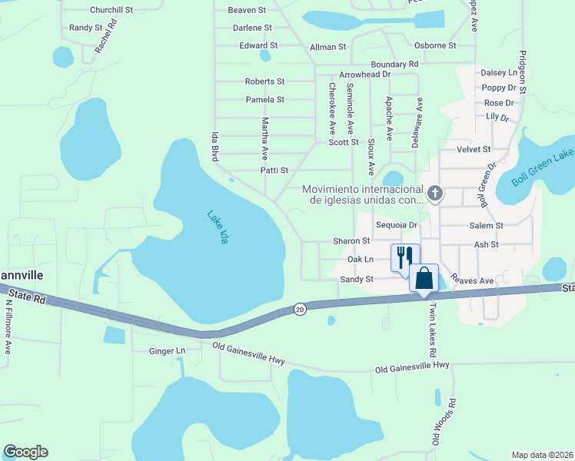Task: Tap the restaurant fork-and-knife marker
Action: pos(405,257)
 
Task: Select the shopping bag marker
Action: pos(424,277)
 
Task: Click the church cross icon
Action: pos(435,193)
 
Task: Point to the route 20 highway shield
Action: pos(300,309)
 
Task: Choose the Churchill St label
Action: pos(111,10)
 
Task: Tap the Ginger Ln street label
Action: pos(168,351)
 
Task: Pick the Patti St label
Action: pos(274,171)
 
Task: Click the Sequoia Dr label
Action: pos(397,225)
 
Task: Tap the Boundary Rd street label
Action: pos(394,64)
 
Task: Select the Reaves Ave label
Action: pos(472,280)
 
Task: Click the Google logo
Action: pos(25,452)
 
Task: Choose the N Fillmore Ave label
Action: pos(8,327)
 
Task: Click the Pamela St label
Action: pos(265,100)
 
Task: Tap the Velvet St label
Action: pos(474,149)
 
